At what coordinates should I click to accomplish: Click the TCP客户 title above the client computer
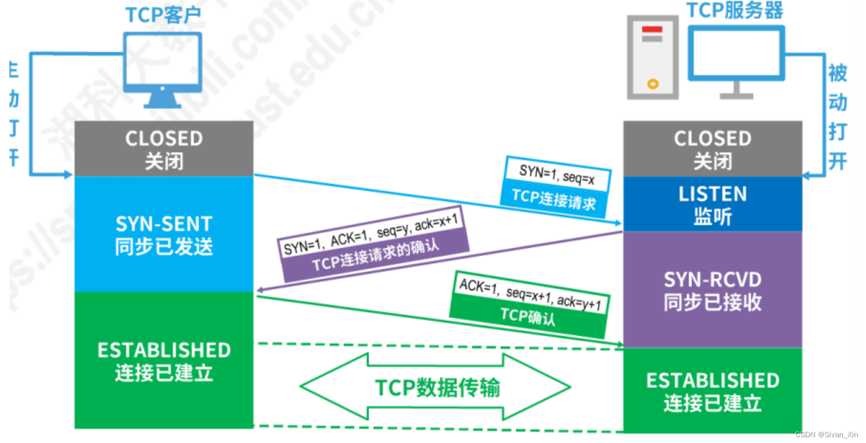tap(163, 15)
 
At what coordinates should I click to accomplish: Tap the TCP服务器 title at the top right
tap(735, 11)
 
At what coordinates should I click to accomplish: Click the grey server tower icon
tap(653, 57)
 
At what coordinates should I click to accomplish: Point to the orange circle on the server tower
tap(653, 84)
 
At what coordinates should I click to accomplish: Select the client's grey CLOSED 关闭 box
tap(164, 149)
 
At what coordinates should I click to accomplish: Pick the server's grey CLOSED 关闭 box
tap(712, 149)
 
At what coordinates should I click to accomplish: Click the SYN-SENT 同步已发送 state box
tap(164, 234)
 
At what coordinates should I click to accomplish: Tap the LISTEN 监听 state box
tap(712, 204)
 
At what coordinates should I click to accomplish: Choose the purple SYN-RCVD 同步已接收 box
tap(712, 290)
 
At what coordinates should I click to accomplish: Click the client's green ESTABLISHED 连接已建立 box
tap(164, 360)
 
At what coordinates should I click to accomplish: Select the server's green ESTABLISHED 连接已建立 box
tap(712, 391)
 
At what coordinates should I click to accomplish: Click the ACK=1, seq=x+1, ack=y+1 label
tap(530, 293)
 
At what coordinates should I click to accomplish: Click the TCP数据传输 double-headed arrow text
tap(437, 387)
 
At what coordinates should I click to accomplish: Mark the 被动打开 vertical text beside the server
tap(838, 117)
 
